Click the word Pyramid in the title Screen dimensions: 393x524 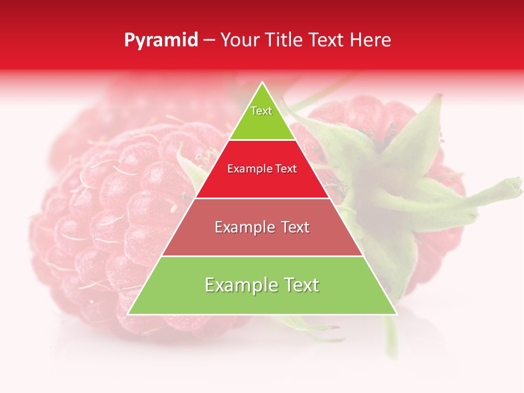pos(161,40)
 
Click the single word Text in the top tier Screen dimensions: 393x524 pos(261,111)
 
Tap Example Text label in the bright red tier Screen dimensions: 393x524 pos(262,169)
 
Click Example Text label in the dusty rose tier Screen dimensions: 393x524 pos(262,227)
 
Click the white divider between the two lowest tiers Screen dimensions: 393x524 pos(262,256)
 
